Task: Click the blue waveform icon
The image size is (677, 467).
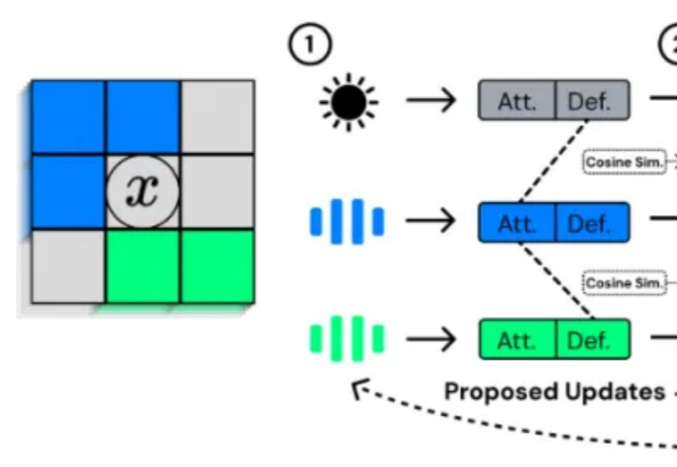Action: (x=347, y=221)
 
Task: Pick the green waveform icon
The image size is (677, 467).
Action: (x=347, y=340)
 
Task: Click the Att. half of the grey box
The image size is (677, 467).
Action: (x=517, y=100)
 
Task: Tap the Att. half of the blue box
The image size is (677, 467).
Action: (x=517, y=222)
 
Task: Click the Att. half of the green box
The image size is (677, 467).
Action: (x=518, y=340)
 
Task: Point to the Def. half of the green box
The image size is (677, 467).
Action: (x=592, y=340)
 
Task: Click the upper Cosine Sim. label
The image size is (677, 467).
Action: (x=624, y=162)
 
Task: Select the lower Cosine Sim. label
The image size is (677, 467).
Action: (x=624, y=283)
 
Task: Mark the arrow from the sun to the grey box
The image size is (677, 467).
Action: (x=431, y=100)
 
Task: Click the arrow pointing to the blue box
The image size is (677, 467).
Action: (x=431, y=221)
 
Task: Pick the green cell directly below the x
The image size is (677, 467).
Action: (x=143, y=266)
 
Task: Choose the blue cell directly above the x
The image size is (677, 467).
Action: (x=143, y=117)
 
